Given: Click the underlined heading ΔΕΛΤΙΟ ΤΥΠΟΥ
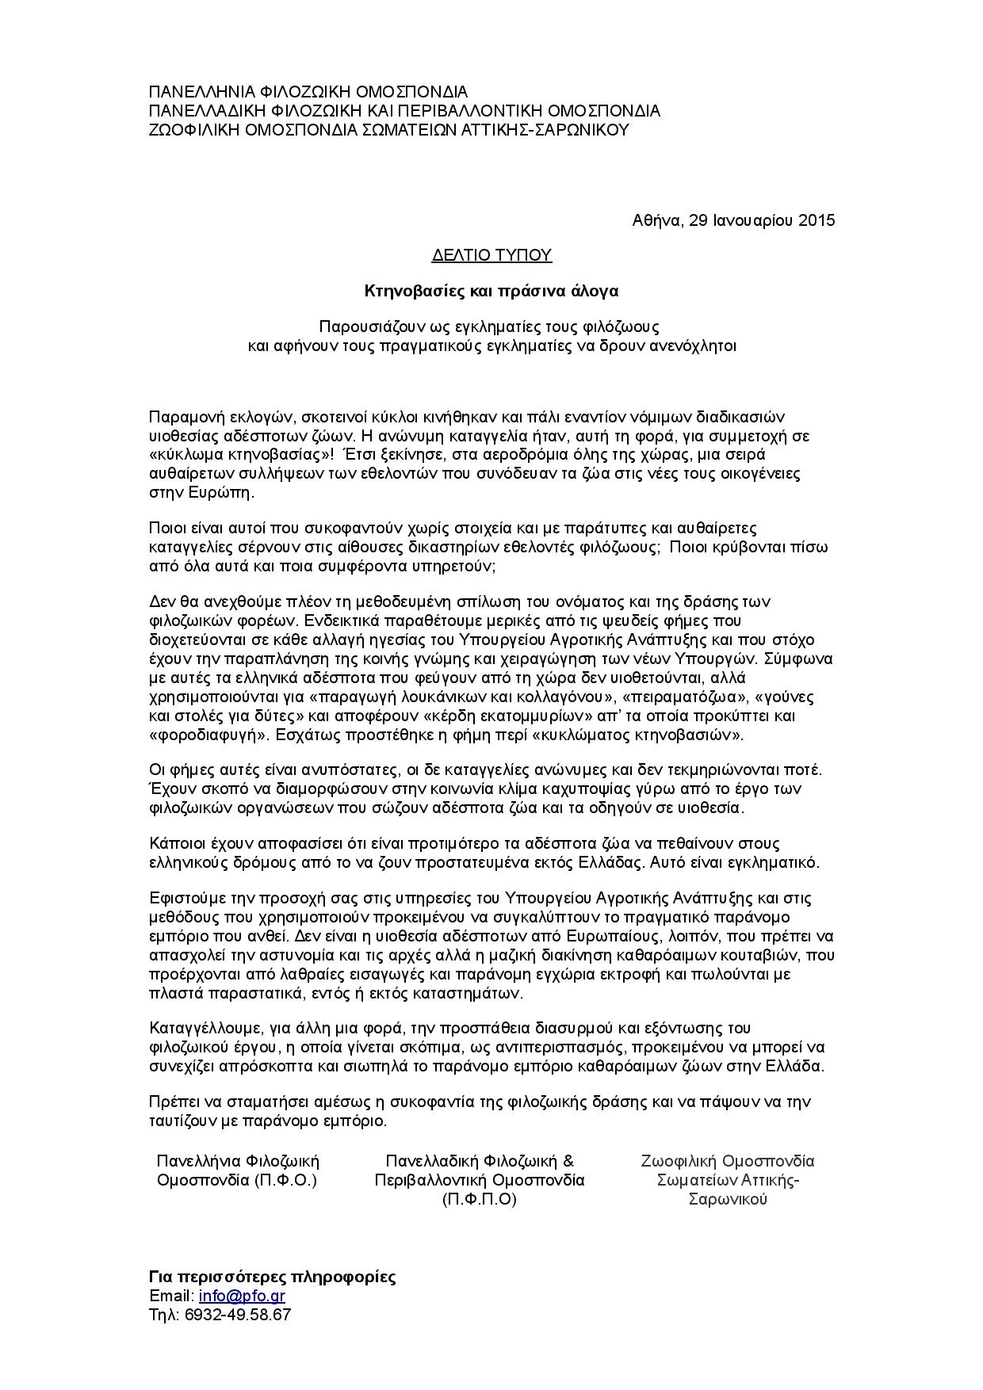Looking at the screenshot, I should [491, 255].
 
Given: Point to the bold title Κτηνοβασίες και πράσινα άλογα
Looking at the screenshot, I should [491, 291].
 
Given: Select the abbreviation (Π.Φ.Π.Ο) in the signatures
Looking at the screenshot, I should [479, 1199].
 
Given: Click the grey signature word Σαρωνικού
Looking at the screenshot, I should [728, 1199].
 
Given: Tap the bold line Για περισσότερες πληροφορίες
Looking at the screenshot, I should [273, 1277].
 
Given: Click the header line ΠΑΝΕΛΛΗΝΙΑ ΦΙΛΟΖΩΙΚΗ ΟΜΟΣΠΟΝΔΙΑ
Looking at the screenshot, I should [308, 92].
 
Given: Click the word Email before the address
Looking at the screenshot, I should [170, 1296].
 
